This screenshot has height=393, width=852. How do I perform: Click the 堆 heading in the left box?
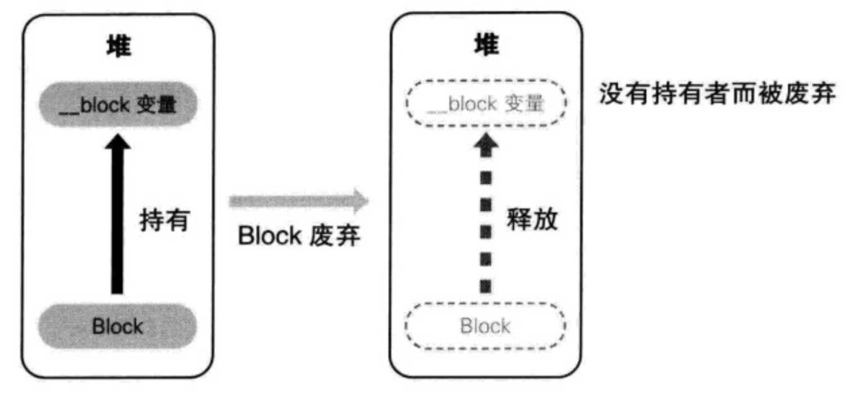point(119,47)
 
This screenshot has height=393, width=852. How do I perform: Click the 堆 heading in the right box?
point(486,44)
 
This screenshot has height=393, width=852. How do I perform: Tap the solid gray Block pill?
point(118,326)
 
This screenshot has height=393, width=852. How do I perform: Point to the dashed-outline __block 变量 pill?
point(486,105)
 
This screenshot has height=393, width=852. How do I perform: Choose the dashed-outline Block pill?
point(485,326)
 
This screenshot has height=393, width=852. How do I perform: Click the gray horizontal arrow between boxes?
point(298,202)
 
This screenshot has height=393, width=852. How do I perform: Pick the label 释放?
point(532,220)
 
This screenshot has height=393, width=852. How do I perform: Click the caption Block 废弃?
point(298,237)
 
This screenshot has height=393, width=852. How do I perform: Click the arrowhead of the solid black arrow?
point(117,144)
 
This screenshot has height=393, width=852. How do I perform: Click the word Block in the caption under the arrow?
point(270,237)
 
